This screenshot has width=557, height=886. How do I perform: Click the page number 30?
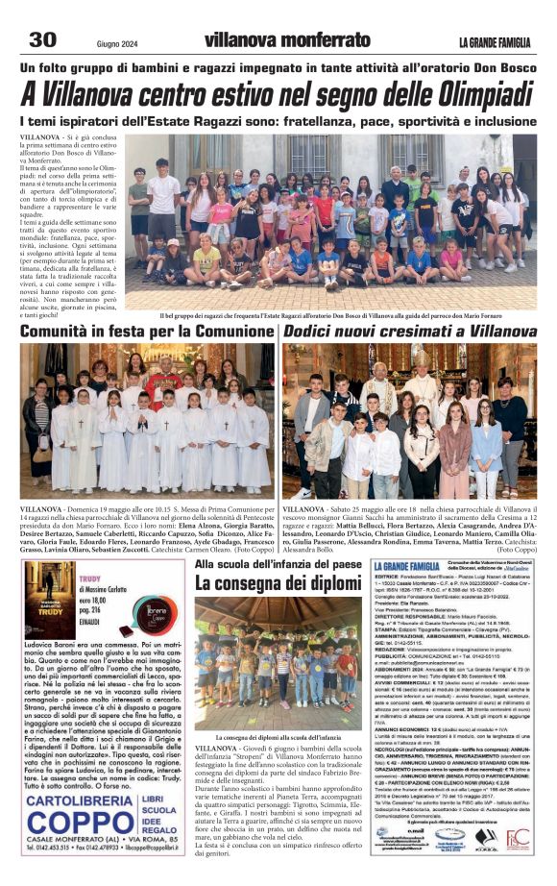[x=42, y=39]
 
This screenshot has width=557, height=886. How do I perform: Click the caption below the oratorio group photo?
[x=344, y=313]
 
